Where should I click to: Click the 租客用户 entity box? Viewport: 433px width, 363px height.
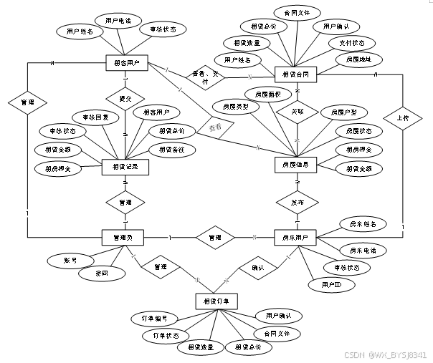[125, 64]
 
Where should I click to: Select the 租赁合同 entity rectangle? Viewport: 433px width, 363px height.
[296, 74]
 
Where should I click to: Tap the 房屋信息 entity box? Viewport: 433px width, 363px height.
[296, 164]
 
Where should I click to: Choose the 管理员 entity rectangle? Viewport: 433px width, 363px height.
[123, 237]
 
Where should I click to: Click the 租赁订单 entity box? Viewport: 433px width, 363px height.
[216, 301]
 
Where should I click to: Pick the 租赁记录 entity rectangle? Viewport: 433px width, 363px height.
[125, 166]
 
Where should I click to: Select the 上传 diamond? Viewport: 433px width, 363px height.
[400, 117]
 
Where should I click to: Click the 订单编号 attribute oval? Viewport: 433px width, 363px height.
[155, 318]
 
